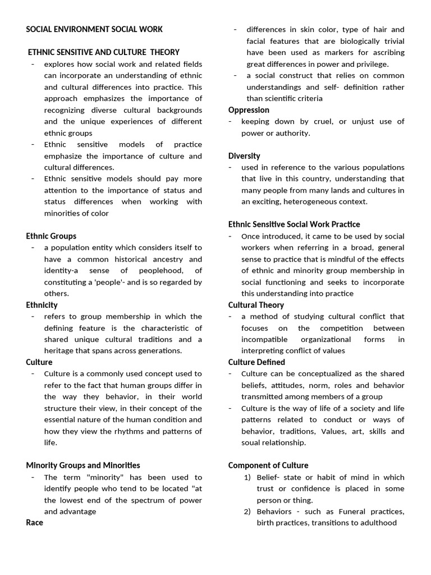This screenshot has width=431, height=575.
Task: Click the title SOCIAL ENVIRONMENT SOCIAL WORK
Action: pyautogui.click(x=94, y=29)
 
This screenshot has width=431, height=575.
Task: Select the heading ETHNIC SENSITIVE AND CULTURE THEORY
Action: pyautogui.click(x=104, y=52)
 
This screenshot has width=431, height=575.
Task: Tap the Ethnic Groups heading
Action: pyautogui.click(x=51, y=236)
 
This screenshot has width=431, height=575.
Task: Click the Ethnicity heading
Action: pyautogui.click(x=42, y=305)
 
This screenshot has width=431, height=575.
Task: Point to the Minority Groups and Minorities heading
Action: pyautogui.click(x=83, y=465)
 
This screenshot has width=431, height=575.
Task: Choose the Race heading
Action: pyautogui.click(x=34, y=522)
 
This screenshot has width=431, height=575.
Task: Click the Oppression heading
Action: pyautogui.click(x=249, y=110)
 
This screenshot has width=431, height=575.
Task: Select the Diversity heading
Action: pyautogui.click(x=244, y=156)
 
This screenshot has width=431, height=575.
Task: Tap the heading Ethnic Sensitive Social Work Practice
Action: pyautogui.click(x=294, y=224)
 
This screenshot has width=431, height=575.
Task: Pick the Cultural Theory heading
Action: pyautogui.click(x=256, y=305)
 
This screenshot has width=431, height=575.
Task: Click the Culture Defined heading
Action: pyautogui.click(x=256, y=362)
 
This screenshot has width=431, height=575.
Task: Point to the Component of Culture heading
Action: pyautogui.click(x=268, y=465)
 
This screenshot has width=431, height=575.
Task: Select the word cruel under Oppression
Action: pyautogui.click(x=330, y=121)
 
